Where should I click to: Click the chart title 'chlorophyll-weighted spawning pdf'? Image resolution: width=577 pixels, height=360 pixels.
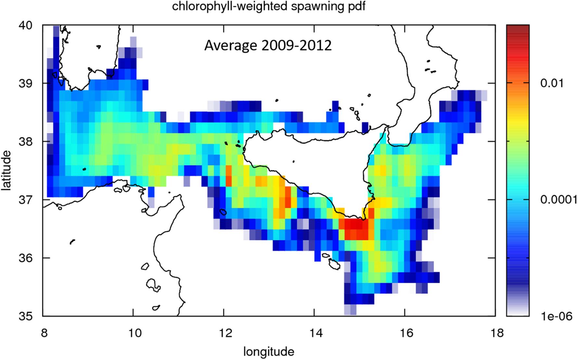[269, 6]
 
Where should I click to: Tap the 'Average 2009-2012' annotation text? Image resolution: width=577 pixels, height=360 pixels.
[268, 45]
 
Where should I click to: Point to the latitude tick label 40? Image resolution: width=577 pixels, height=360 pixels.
[26, 25]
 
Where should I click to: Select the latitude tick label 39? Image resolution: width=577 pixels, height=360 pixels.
[26, 84]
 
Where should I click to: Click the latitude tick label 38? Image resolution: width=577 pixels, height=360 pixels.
[26, 142]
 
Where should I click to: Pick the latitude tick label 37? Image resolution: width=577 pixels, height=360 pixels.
[26, 199]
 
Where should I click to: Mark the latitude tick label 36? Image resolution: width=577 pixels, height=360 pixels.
[26, 258]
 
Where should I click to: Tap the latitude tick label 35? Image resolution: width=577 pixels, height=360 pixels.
[26, 316]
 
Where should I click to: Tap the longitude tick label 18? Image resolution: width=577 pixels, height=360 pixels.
[495, 333]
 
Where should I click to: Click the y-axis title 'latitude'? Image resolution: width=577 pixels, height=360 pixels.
[6, 170]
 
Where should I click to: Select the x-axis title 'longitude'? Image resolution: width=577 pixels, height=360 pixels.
[269, 352]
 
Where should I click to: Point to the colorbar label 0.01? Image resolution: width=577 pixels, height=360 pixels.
[552, 83]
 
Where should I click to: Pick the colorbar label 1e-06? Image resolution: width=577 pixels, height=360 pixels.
[556, 316]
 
